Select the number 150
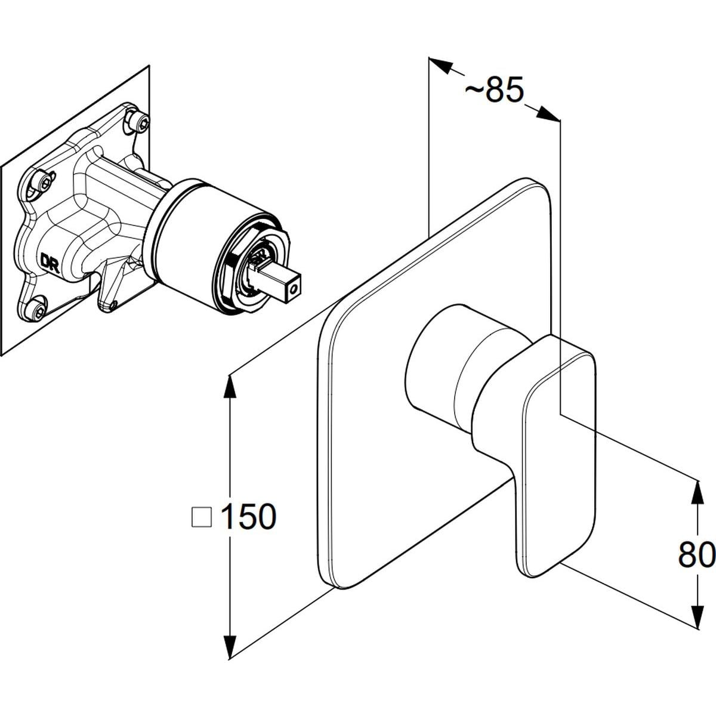248,516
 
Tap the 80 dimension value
696,555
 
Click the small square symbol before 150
202,517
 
